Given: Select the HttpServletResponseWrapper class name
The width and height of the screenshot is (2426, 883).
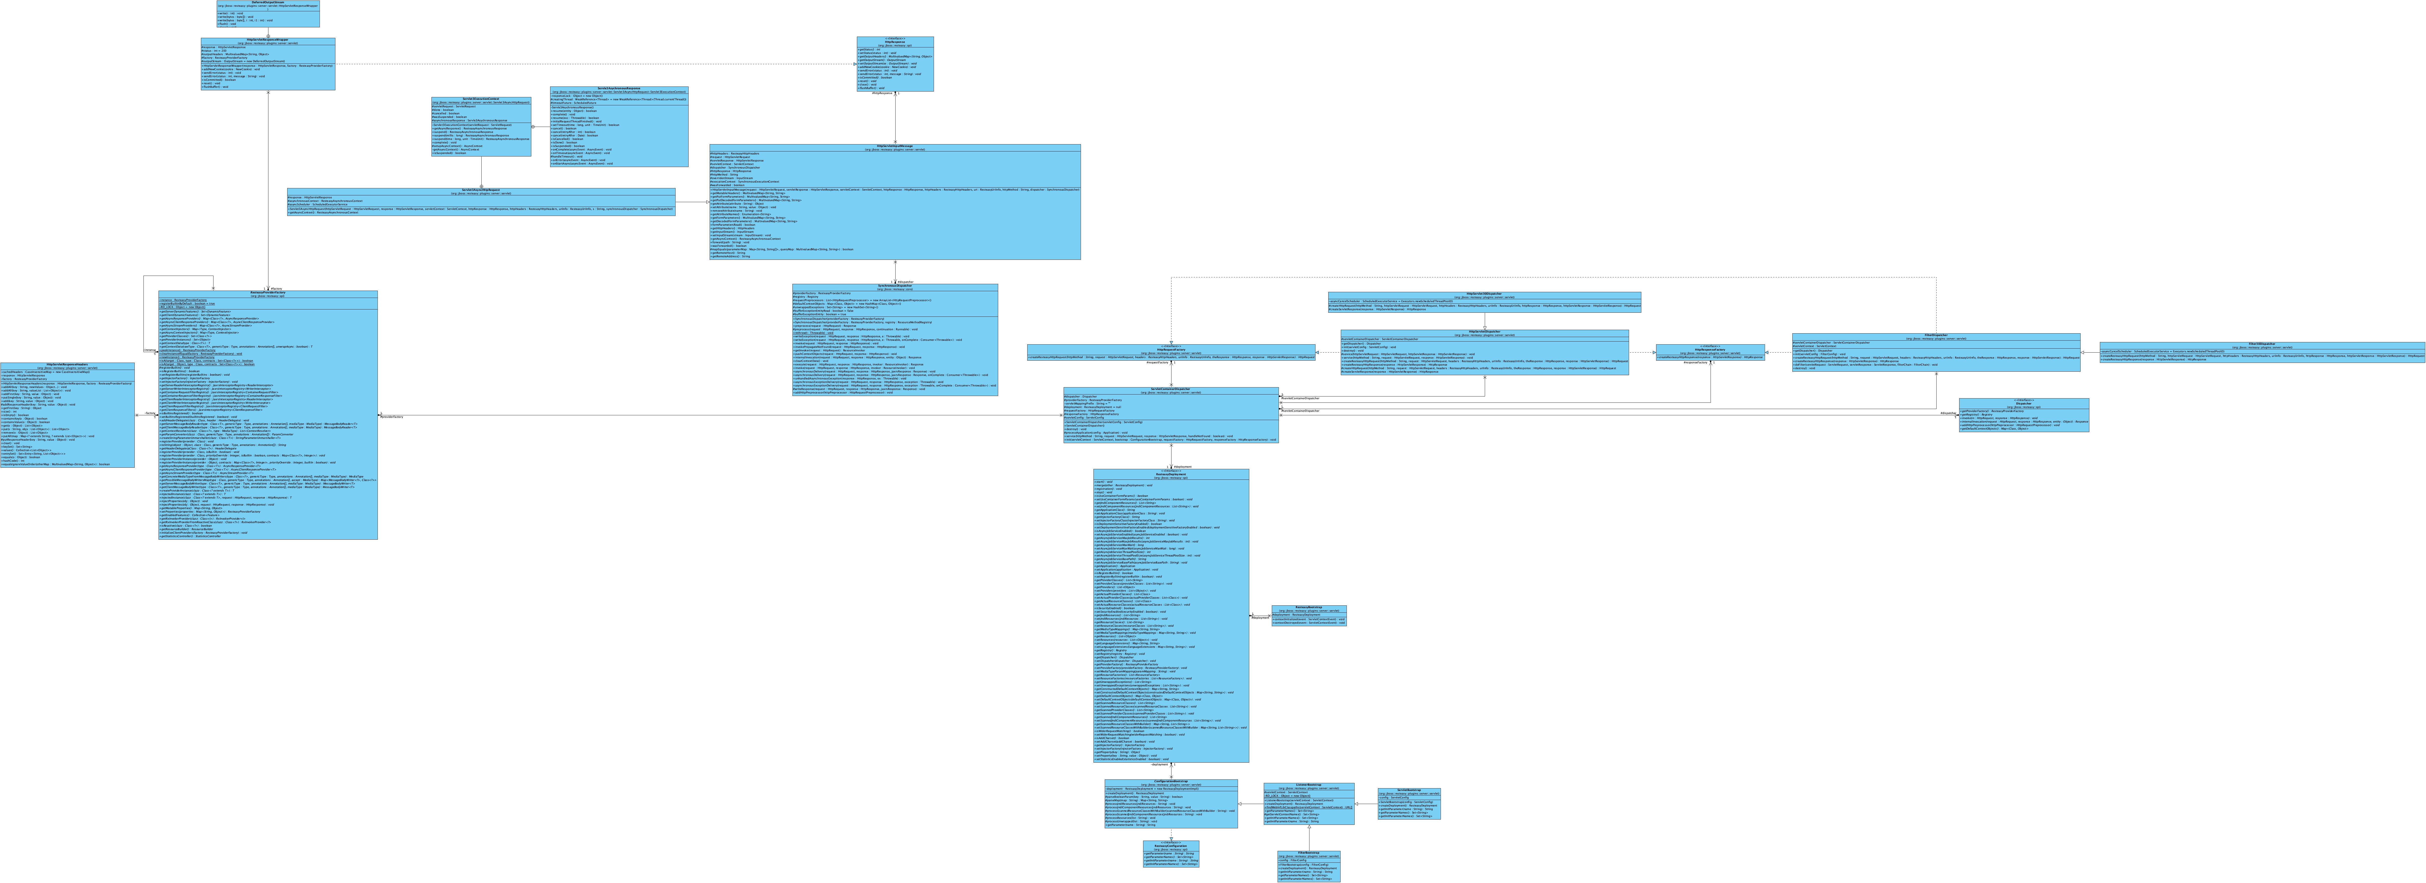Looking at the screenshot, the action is coord(267,40).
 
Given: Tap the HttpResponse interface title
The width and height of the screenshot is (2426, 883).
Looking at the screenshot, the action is coord(895,41).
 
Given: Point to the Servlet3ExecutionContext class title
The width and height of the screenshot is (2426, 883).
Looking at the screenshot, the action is coord(480,98).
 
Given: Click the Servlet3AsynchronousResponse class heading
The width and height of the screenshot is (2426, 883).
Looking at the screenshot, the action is coord(619,88).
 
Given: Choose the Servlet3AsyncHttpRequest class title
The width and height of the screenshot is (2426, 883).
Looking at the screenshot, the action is coord(480,189).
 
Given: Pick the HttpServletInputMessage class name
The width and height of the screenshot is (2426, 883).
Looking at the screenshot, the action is coord(895,146).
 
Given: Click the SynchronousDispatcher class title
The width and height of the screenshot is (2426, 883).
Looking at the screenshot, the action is coord(895,285).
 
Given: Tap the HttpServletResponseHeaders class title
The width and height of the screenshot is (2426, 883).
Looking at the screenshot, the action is coord(67,364).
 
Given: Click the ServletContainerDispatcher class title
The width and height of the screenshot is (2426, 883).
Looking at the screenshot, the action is coord(1171,389).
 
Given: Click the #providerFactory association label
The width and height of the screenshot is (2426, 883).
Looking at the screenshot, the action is coord(392,417).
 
